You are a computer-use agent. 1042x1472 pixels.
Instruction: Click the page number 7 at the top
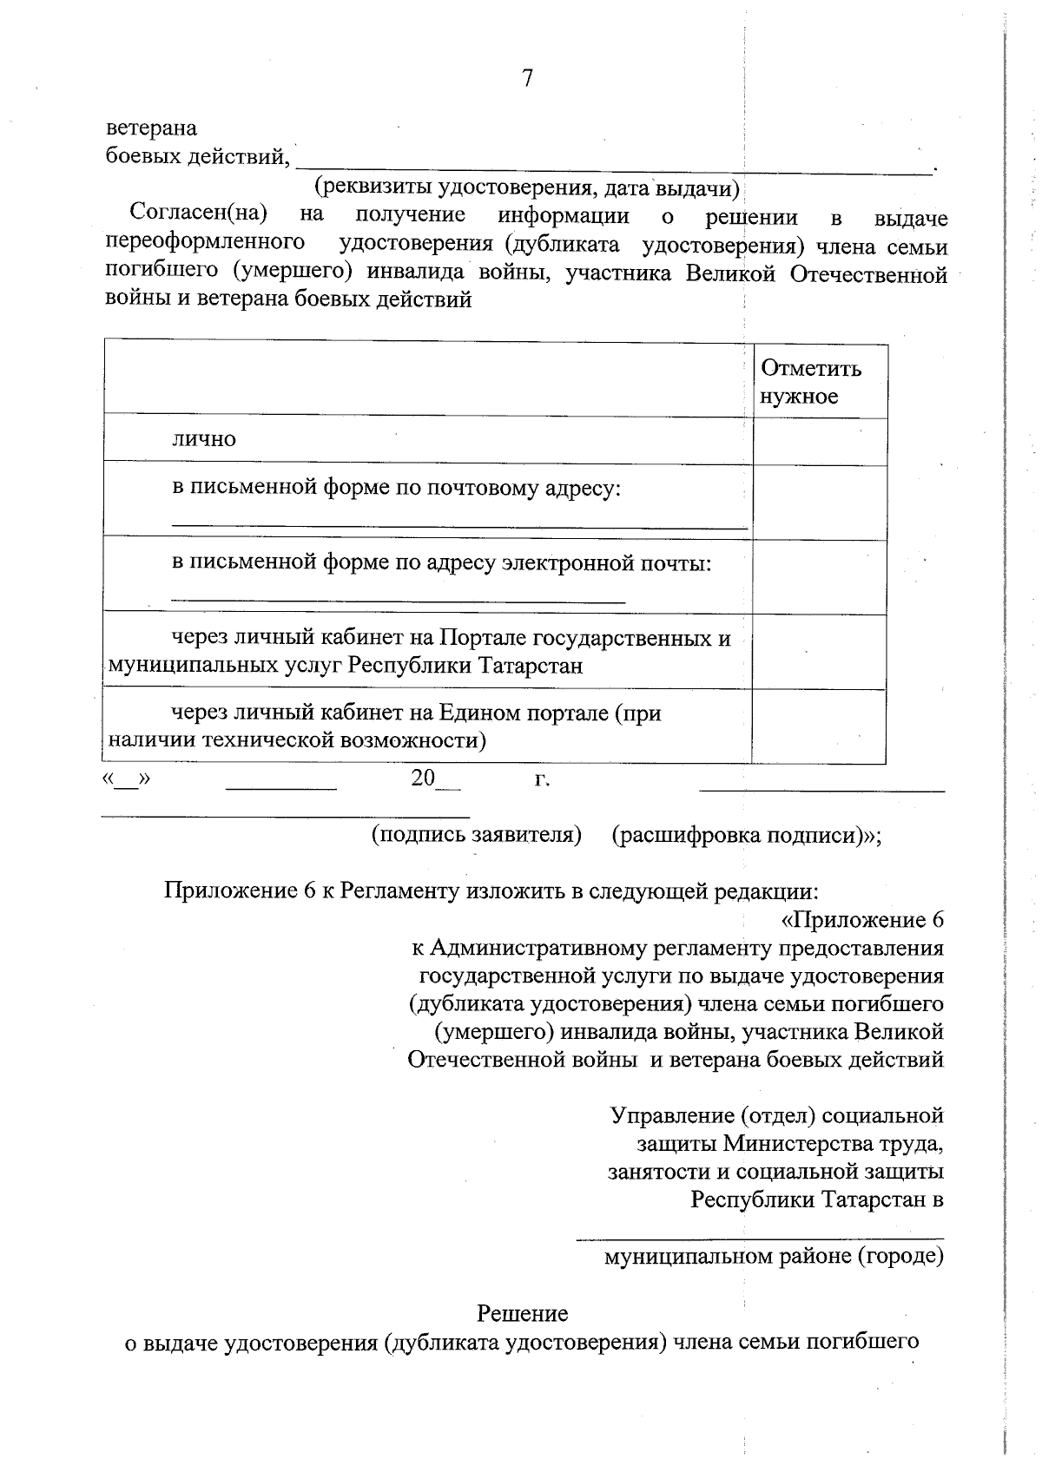coord(527,79)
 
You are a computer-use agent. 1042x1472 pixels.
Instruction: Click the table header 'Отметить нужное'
coord(811,382)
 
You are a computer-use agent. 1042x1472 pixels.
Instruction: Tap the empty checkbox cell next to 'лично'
coord(819,440)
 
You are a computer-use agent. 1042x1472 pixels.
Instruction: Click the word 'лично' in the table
coord(203,439)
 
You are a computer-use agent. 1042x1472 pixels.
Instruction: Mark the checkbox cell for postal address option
coord(819,502)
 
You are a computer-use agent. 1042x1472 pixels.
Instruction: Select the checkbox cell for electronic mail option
coord(819,576)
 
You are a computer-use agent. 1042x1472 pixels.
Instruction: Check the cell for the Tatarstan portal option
coord(819,652)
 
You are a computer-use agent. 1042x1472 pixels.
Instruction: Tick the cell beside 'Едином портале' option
coord(819,726)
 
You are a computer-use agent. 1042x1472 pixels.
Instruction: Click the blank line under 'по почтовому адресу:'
coord(458,523)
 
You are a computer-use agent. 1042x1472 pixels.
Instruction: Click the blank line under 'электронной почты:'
coord(398,598)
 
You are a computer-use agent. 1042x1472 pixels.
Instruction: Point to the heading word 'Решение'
coord(522,1313)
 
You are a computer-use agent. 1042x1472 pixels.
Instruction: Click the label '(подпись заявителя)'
coord(476,835)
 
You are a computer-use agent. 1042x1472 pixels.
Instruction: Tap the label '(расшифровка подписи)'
coord(742,835)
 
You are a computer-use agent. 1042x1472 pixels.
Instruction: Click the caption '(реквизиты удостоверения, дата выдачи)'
coord(526,187)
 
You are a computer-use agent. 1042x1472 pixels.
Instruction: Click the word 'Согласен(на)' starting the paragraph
coord(197,214)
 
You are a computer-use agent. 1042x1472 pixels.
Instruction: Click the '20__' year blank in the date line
coord(434,779)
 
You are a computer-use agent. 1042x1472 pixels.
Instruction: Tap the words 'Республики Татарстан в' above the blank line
coord(817,1199)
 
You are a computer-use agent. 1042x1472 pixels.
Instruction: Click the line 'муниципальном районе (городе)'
coord(774,1255)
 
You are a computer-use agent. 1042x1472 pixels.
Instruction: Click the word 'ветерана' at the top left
coord(151,128)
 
